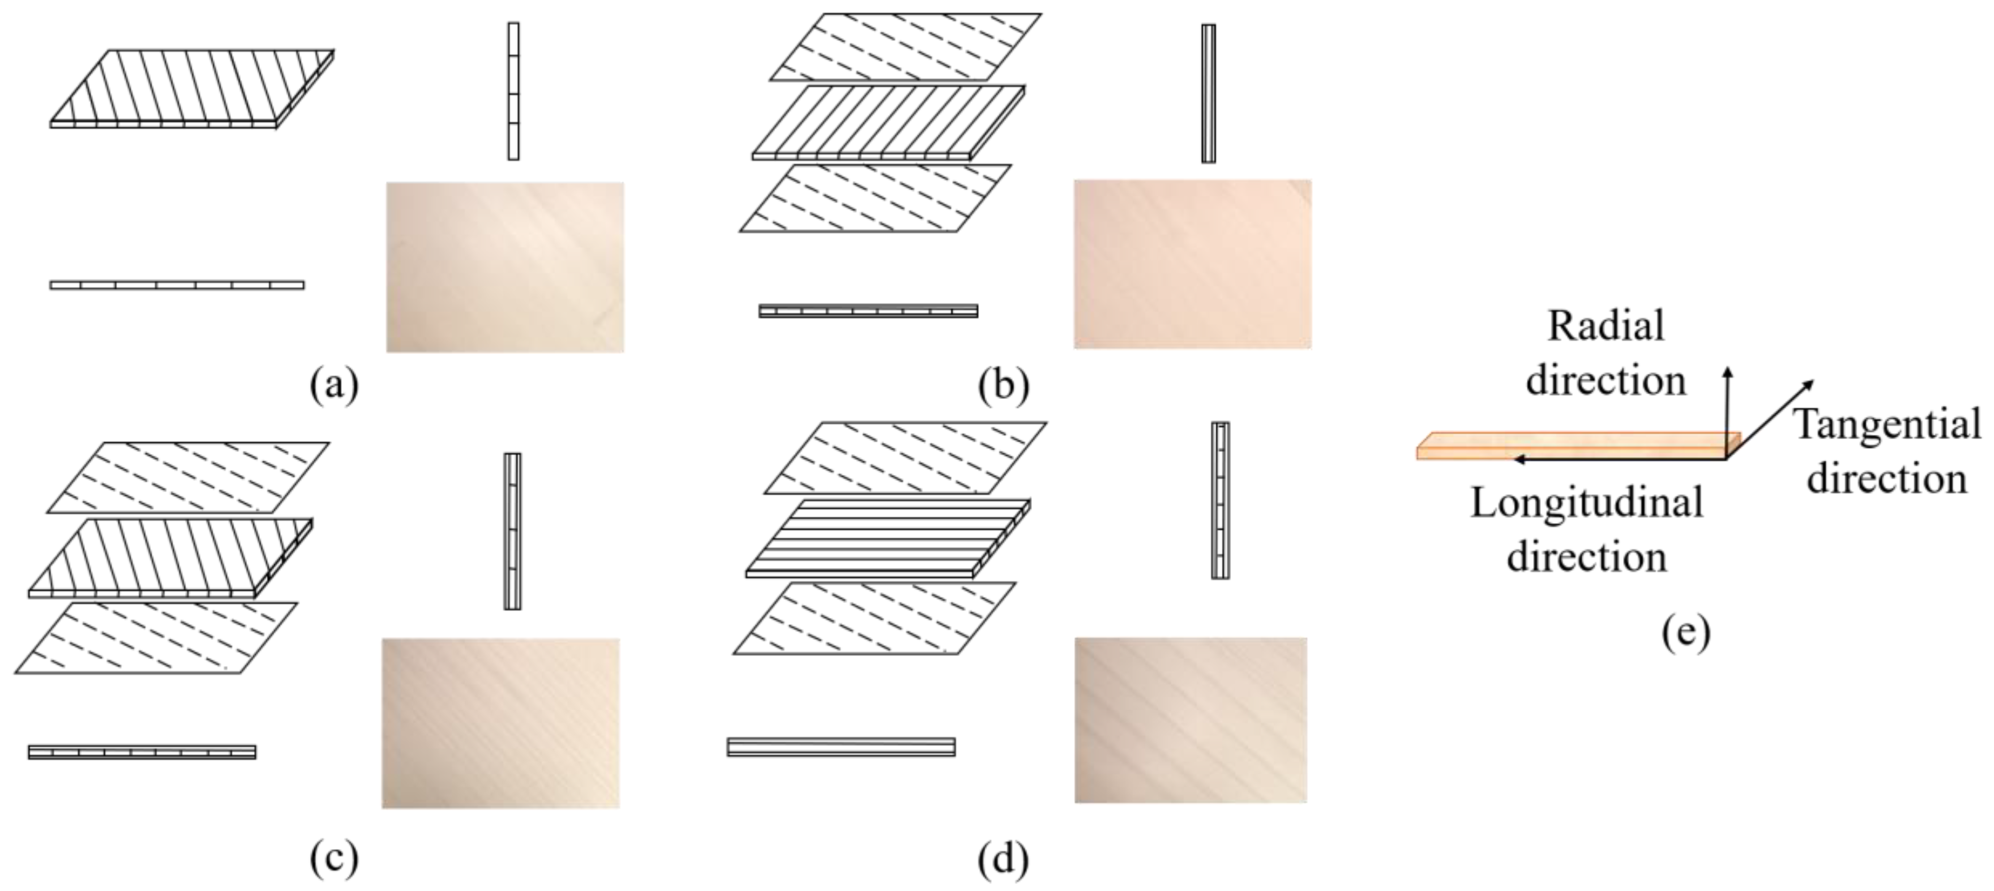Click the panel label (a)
pos(334,385)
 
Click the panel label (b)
pos(1003,385)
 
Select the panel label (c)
pos(334,858)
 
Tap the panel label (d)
pos(1003,858)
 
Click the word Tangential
pos(1887,424)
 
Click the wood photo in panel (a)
pos(505,267)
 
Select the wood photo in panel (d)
pos(1190,720)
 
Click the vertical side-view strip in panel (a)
pos(513,91)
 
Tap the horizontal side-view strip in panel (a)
pos(176,285)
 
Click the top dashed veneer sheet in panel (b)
pos(906,47)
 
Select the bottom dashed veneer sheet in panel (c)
pos(156,637)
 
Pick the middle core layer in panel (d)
pos(888,538)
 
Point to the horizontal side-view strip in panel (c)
pos(142,751)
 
